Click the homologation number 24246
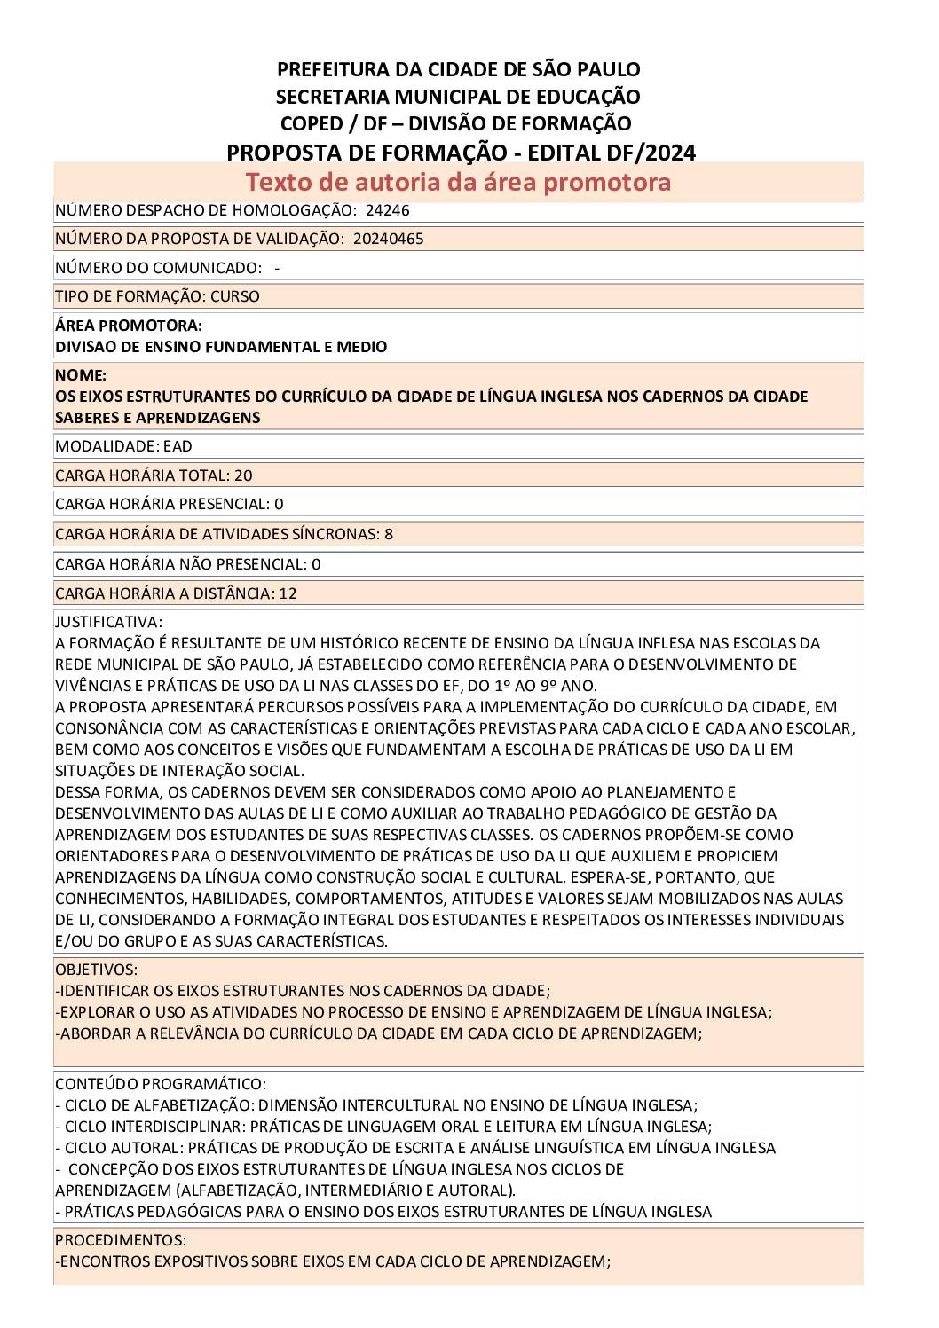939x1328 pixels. tap(387, 210)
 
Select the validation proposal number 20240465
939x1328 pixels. tap(388, 239)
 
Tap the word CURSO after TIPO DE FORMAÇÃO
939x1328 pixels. tap(235, 296)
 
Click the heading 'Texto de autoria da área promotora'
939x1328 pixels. tap(458, 182)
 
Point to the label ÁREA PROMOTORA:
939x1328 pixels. tap(129, 326)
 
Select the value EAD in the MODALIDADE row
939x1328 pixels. tap(178, 446)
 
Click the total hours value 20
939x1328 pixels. tap(243, 475)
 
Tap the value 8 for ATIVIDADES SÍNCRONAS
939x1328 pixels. tap(389, 534)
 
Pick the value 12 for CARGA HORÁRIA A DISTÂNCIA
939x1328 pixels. tap(288, 593)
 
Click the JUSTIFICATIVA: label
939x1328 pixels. tap(108, 622)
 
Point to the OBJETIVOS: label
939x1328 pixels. tap(97, 970)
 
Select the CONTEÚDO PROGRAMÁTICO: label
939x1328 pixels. tap(161, 1084)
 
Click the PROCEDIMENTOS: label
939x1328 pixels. tap(121, 1239)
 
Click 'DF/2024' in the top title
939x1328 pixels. tap(654, 153)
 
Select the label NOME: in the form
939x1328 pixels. tap(81, 375)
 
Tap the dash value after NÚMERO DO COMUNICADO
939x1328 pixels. tap(278, 268)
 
